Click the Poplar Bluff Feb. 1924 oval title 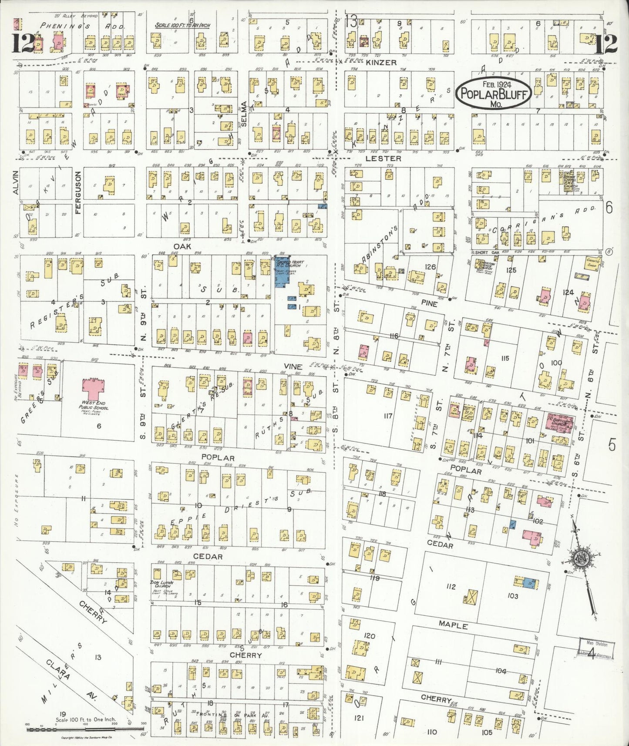[494, 92]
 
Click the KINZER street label [381, 63]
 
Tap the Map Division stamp [596, 649]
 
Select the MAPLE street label [453, 625]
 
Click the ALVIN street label [16, 182]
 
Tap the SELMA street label [244, 114]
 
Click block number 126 [430, 266]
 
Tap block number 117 [387, 416]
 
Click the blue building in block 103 [529, 583]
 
